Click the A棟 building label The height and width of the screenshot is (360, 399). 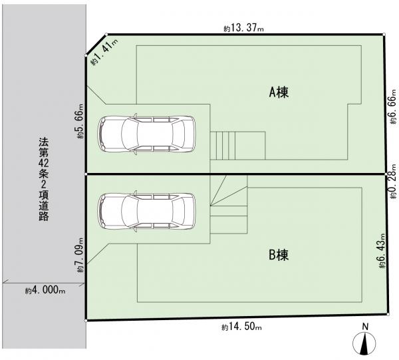[279, 92]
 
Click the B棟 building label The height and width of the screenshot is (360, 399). [279, 255]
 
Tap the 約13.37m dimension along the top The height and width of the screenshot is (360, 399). [244, 28]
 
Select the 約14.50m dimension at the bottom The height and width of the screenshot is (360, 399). [241, 327]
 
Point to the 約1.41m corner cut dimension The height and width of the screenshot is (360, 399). [105, 52]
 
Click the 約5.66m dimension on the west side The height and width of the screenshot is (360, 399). [80, 121]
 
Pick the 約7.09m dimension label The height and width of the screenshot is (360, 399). [80, 256]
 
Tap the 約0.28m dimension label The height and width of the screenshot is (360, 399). [393, 181]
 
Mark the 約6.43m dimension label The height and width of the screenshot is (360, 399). [382, 251]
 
